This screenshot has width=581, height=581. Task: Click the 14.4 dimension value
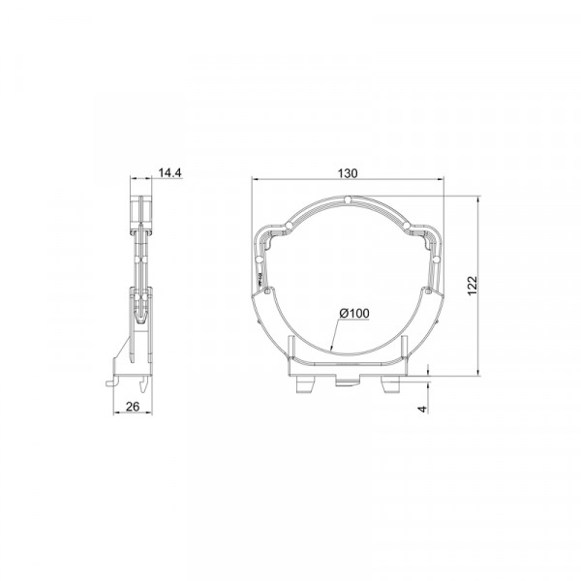170,172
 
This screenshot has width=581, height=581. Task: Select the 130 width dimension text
348,173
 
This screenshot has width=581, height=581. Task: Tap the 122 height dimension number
473,286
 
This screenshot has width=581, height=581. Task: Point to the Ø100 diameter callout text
354,314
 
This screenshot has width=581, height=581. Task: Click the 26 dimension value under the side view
133,407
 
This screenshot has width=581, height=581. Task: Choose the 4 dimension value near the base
422,409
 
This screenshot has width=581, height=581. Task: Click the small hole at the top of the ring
348,200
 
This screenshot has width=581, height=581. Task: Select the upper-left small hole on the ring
289,226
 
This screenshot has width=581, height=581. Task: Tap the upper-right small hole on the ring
407,226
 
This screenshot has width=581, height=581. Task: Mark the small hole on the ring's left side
259,259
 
